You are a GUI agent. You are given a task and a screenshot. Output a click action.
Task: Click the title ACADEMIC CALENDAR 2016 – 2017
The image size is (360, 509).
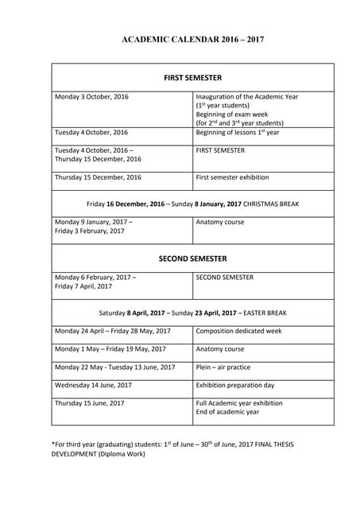pyautogui.click(x=192, y=37)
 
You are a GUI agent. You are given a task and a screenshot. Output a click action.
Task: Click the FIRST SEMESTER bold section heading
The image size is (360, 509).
pyautogui.click(x=192, y=78)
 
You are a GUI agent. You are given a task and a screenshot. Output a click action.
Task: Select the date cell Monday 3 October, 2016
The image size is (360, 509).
pyautogui.click(x=91, y=97)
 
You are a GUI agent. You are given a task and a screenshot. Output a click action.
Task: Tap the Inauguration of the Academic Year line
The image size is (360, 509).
pyautogui.click(x=247, y=97)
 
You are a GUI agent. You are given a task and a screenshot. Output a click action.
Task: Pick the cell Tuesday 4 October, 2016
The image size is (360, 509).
pyautogui.click(x=91, y=132)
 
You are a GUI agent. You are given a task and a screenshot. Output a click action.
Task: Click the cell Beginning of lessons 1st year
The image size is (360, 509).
pyautogui.click(x=238, y=132)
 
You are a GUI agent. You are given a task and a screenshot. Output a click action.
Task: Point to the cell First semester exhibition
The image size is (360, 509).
pyautogui.click(x=236, y=177)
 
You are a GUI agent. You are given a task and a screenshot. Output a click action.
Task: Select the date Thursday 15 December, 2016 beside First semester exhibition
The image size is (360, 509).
pyautogui.click(x=98, y=177)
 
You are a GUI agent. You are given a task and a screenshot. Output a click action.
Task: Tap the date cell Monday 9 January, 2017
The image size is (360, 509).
pyautogui.click(x=94, y=222)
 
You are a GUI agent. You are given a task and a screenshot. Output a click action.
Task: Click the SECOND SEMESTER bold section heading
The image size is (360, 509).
pyautogui.click(x=192, y=258)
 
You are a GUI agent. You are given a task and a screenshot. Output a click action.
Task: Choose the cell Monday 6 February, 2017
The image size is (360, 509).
pyautogui.click(x=95, y=278)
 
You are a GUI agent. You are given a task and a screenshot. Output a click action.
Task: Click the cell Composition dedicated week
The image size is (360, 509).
pyautogui.click(x=238, y=331)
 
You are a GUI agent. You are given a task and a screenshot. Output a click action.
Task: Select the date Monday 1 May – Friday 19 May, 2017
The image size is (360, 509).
pyautogui.click(x=110, y=349)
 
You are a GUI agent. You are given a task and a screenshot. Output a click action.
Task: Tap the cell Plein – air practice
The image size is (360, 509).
pyautogui.click(x=223, y=367)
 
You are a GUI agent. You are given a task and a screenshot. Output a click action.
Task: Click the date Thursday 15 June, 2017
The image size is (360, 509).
pyautogui.click(x=90, y=403)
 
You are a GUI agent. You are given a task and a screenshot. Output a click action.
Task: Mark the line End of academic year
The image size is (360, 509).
pyautogui.click(x=227, y=412)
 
